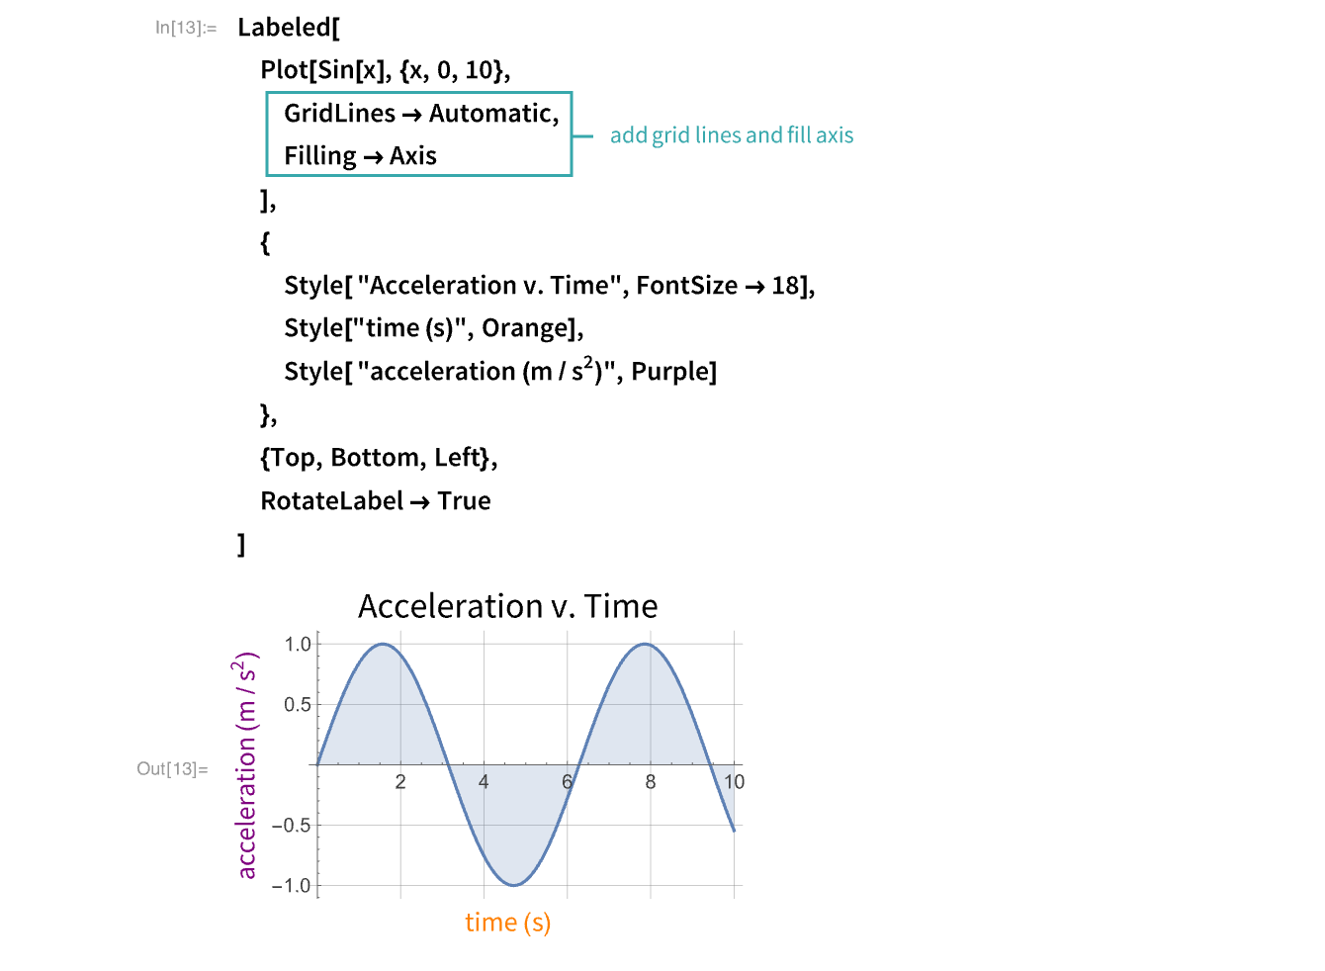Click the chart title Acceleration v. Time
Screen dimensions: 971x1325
coord(507,606)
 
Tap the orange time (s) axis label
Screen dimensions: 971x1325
coord(507,923)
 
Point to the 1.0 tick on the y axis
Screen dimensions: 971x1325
coord(298,645)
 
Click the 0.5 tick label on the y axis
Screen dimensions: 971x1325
coord(298,705)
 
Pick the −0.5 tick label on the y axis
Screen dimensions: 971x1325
coord(292,826)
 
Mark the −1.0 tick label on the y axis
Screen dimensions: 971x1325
coord(292,886)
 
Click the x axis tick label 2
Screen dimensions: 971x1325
coord(400,782)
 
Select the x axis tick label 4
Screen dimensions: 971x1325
coord(484,782)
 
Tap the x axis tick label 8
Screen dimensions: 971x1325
coord(651,782)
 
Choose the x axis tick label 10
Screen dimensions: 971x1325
coord(734,782)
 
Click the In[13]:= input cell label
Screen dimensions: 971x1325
coord(186,28)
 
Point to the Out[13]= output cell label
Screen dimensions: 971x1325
coord(173,769)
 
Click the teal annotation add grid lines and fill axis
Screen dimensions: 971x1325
coord(732,135)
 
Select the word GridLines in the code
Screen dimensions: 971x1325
coord(339,114)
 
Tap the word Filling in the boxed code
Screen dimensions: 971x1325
coord(320,156)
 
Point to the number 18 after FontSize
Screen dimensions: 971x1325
coord(786,286)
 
